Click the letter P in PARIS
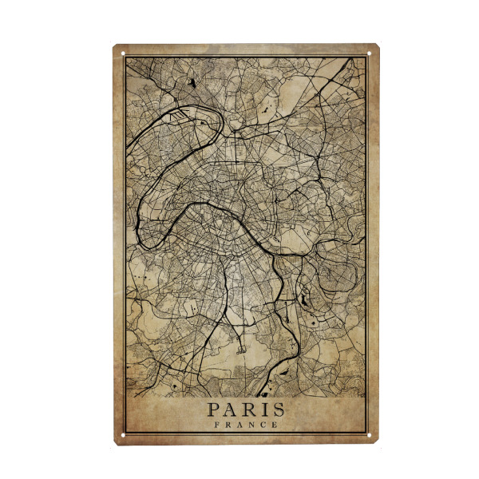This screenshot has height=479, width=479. (214, 410)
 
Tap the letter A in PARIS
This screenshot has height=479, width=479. (231, 410)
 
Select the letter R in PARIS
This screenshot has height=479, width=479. (248, 410)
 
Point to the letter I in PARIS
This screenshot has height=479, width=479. (263, 410)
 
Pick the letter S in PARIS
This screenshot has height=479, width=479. (276, 410)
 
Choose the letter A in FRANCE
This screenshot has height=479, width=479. (239, 425)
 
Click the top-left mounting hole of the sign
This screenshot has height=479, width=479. (124, 53)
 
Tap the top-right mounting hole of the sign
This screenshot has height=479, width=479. (370, 53)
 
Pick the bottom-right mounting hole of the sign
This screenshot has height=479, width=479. (370, 434)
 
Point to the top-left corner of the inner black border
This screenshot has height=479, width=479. (126, 57)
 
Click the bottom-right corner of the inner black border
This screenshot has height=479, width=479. (367, 432)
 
